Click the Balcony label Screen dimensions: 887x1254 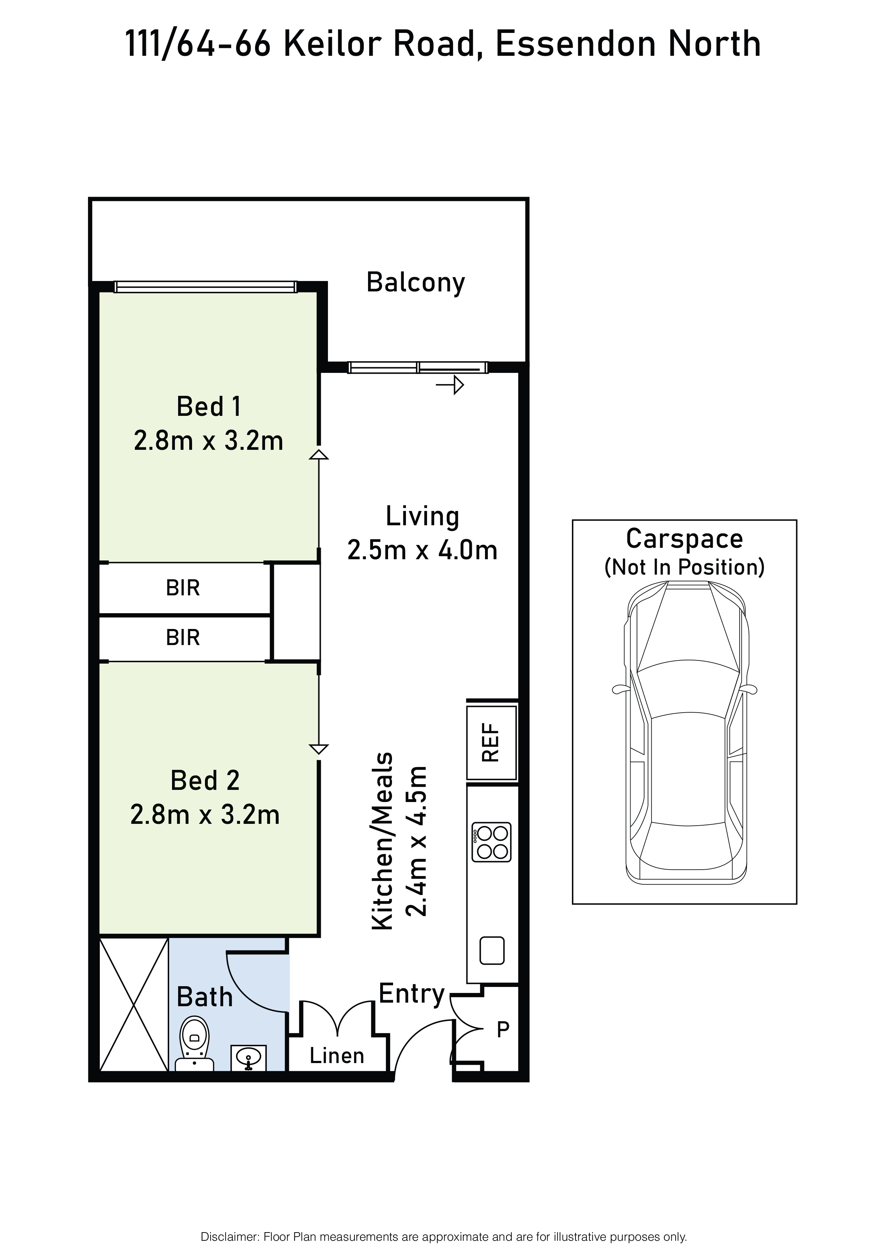416,283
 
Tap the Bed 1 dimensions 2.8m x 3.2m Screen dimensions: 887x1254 209,441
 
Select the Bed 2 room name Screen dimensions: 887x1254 205,781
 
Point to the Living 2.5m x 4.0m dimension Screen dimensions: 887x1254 422,550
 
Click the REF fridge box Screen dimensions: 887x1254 491,743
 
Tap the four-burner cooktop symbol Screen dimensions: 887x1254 491,842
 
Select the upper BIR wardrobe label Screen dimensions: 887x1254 183,588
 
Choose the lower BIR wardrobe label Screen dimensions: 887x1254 183,638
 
